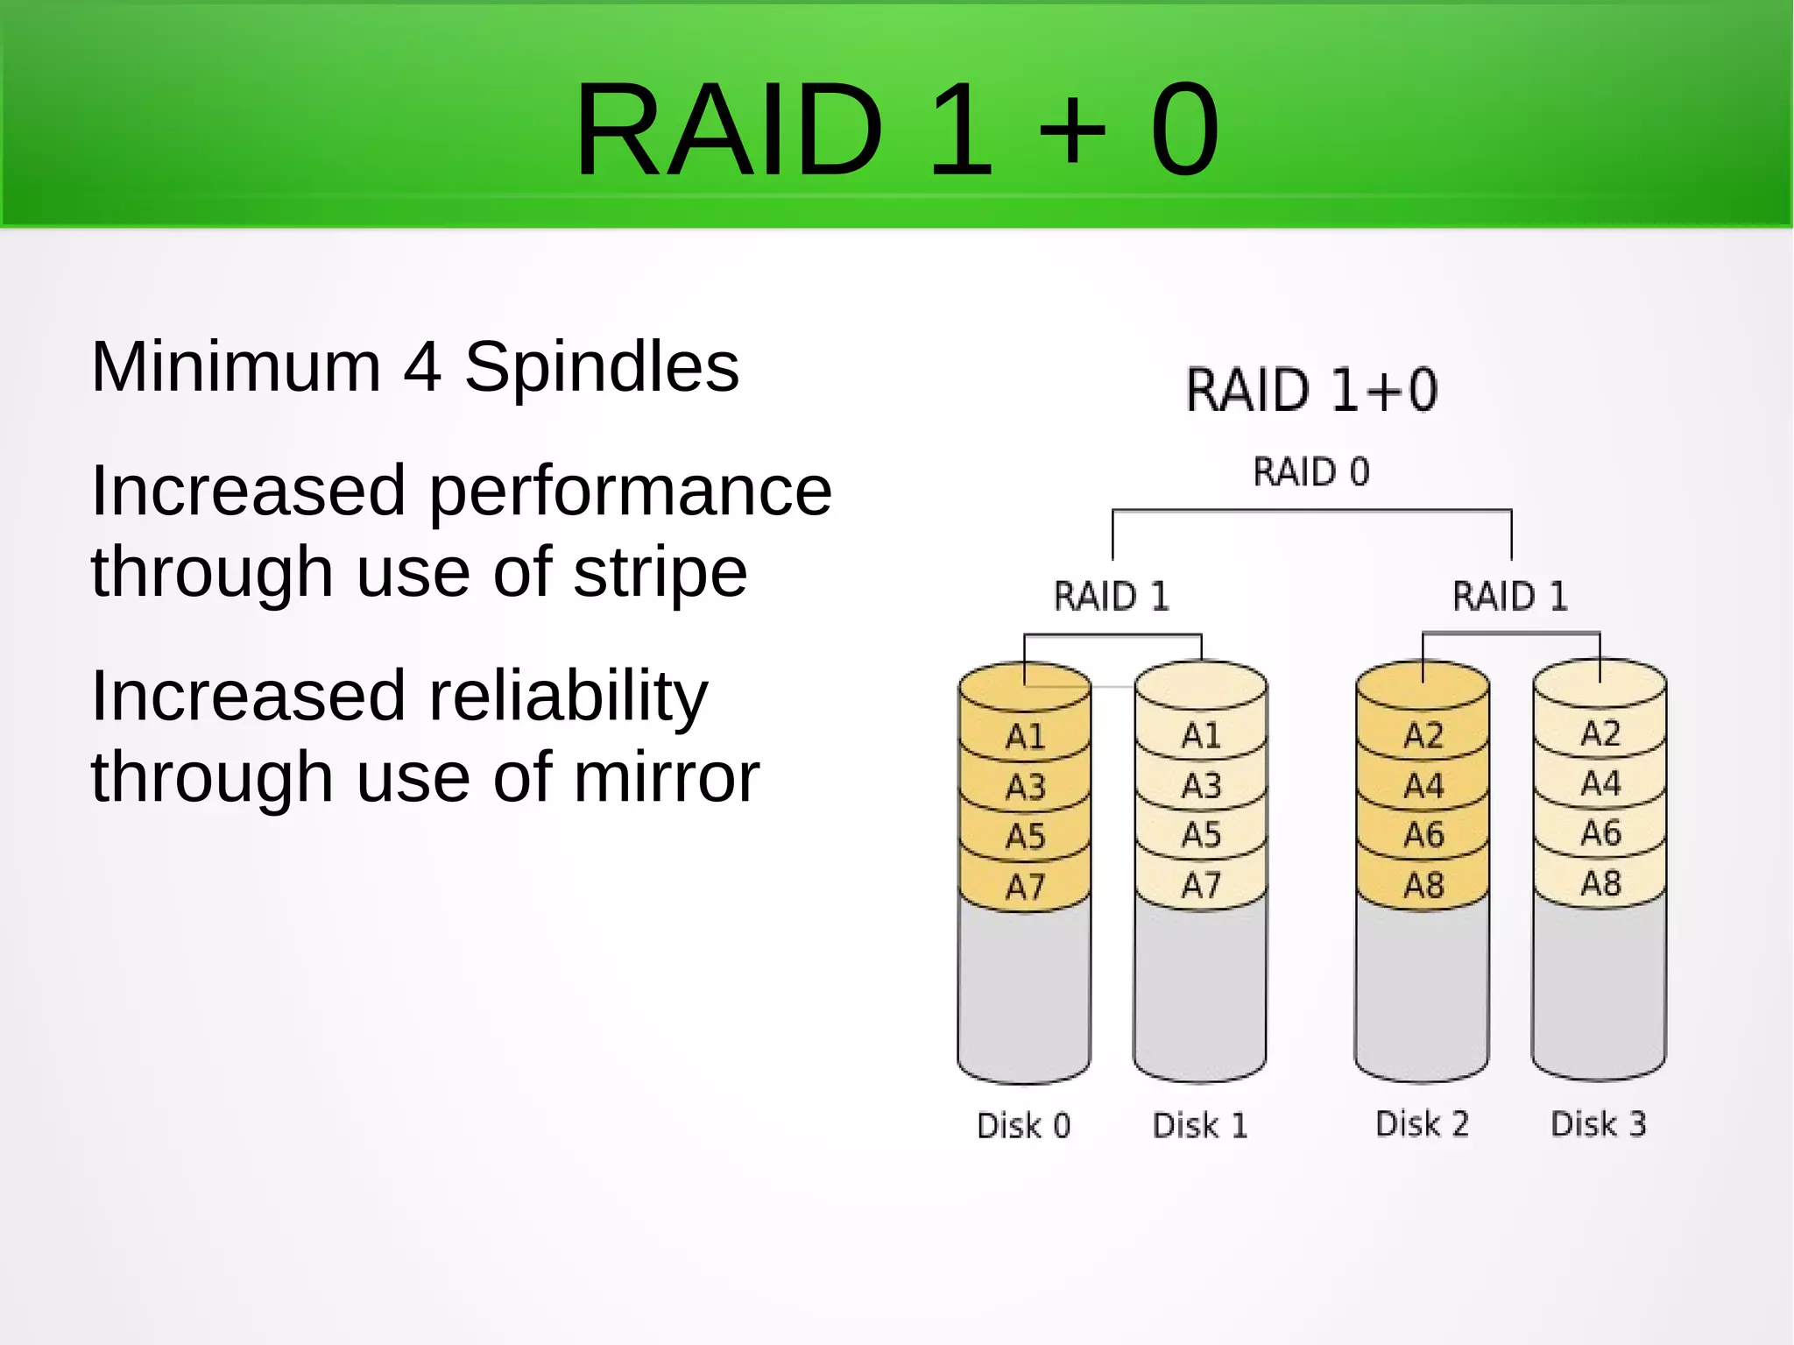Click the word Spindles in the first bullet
pos(601,367)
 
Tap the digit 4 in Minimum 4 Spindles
pos(421,367)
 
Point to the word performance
pos(630,491)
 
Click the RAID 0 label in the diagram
pos(1310,472)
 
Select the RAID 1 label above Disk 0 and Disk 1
pos(1111,597)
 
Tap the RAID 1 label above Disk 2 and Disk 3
pos(1509,597)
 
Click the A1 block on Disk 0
pos(1024,736)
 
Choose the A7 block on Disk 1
pos(1200,885)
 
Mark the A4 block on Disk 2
pos(1423,785)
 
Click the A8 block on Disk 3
pos(1600,883)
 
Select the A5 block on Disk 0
pos(1024,836)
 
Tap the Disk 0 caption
pos(1023,1125)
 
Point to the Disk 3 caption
pos(1598,1123)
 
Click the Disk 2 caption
pos(1421,1123)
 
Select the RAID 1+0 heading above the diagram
pos(1310,390)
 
